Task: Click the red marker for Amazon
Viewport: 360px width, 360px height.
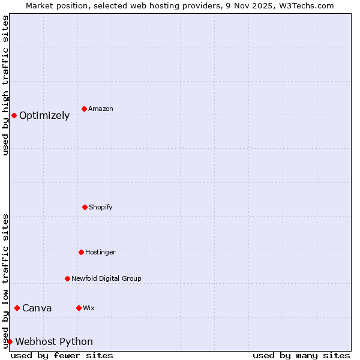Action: coord(84,109)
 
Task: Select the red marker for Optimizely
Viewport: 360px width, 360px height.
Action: coord(14,115)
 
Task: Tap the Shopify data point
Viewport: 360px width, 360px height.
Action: coord(85,207)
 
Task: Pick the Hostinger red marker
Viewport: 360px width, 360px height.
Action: coord(81,252)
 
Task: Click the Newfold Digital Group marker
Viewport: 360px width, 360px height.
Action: coord(67,278)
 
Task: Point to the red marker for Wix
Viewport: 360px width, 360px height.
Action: coord(79,308)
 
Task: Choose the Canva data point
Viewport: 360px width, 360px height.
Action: coord(17,308)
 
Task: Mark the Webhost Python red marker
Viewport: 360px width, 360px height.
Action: coord(10,341)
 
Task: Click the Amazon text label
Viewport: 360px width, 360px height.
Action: coord(101,109)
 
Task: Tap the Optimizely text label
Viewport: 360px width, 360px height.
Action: coord(44,115)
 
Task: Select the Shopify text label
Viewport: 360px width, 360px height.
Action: coord(101,207)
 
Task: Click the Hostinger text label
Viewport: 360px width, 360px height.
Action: coord(100,252)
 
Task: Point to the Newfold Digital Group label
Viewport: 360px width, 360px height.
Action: coord(106,278)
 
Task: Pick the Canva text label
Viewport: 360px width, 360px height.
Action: coord(37,308)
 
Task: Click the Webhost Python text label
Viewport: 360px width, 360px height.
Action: coord(54,341)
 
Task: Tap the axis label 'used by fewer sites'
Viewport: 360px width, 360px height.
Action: coord(62,355)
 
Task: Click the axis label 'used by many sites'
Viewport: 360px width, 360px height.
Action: coord(301,355)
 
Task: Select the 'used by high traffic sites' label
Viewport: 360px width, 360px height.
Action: coord(5,85)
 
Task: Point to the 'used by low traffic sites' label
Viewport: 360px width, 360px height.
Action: coord(5,281)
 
